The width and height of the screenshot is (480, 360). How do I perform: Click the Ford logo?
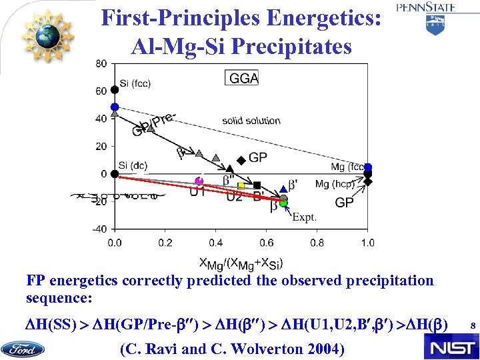pyautogui.click(x=23, y=349)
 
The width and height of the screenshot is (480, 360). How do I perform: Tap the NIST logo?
pyautogui.click(x=450, y=346)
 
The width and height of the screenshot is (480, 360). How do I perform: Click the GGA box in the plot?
pyautogui.click(x=243, y=78)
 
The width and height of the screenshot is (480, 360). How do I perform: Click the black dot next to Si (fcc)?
pyautogui.click(x=115, y=89)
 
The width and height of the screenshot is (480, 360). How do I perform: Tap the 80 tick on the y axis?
pyautogui.click(x=101, y=64)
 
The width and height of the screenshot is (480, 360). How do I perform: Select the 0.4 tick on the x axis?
pyautogui.click(x=215, y=243)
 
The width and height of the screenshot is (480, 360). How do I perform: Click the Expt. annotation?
pyautogui.click(x=305, y=217)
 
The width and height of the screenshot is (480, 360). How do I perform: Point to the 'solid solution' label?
pyautogui.click(x=251, y=121)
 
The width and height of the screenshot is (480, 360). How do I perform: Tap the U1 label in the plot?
pyautogui.click(x=197, y=193)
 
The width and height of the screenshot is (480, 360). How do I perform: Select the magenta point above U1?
pyautogui.click(x=199, y=181)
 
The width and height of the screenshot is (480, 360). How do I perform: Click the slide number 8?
pyautogui.click(x=472, y=326)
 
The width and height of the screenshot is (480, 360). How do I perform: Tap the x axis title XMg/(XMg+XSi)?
pyautogui.click(x=241, y=263)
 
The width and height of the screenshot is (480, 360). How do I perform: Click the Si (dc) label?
pyautogui.click(x=133, y=165)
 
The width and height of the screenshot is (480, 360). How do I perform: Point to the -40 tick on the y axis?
pyautogui.click(x=100, y=229)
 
